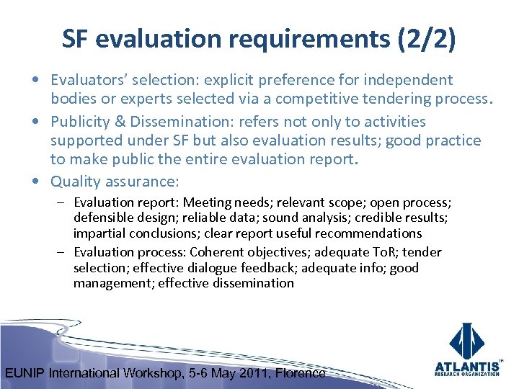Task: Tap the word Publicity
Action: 79,122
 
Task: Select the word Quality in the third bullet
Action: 75,180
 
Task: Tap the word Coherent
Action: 218,252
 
